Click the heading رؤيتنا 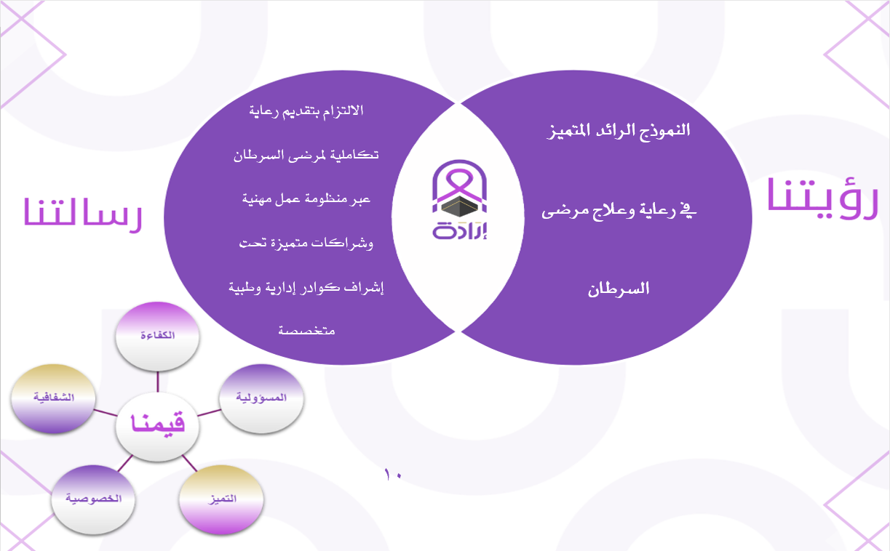822,198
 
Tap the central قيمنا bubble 157,427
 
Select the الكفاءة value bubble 157,337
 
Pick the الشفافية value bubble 53,398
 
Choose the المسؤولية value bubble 261,398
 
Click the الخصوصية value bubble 93,499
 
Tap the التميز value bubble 221,499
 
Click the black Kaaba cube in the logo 460,206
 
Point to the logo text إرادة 460,230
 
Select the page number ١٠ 392,475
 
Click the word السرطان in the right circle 619,289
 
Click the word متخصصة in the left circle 306,330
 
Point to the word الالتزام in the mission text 343,110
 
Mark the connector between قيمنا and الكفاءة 158,382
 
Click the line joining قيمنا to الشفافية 106,413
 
